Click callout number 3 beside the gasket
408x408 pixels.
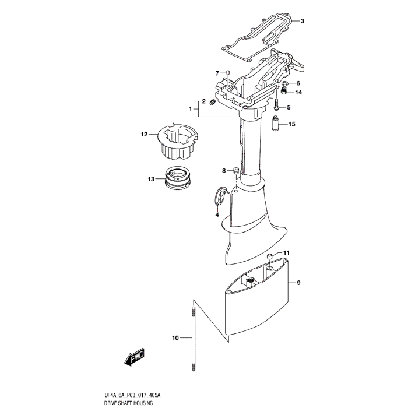pyautogui.click(x=303, y=22)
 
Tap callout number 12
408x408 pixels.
pyautogui.click(x=144, y=135)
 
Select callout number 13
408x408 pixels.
pyautogui.click(x=152, y=179)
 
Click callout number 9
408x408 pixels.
pyautogui.click(x=298, y=283)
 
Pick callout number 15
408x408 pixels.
pyautogui.click(x=292, y=124)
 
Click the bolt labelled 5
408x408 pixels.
pyautogui.click(x=277, y=107)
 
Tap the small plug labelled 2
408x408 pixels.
pyautogui.click(x=213, y=103)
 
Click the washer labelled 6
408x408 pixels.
pyautogui.click(x=284, y=84)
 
